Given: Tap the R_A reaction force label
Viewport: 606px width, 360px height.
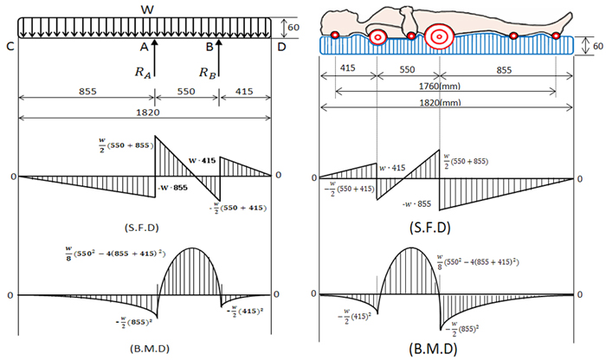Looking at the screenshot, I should pos(145,72).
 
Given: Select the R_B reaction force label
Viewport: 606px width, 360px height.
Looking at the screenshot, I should pos(210,72).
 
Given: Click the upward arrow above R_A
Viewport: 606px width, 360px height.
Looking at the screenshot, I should pos(155,48).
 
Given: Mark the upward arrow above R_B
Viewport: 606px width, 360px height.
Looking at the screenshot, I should pos(221,48).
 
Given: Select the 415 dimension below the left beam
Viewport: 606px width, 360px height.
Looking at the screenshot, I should pos(245,89).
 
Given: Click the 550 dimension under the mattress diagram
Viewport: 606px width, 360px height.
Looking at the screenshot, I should pos(408,68).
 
